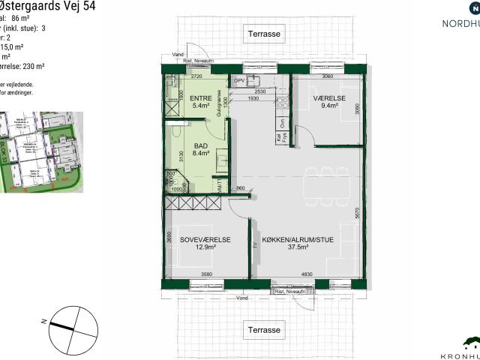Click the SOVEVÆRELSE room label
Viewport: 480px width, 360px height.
(x=204, y=243)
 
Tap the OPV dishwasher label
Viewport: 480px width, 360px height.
(x=240, y=80)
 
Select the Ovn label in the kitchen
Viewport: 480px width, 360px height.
(x=283, y=124)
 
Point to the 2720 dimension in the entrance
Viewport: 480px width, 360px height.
(x=198, y=76)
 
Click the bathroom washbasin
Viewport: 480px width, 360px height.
(x=223, y=159)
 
